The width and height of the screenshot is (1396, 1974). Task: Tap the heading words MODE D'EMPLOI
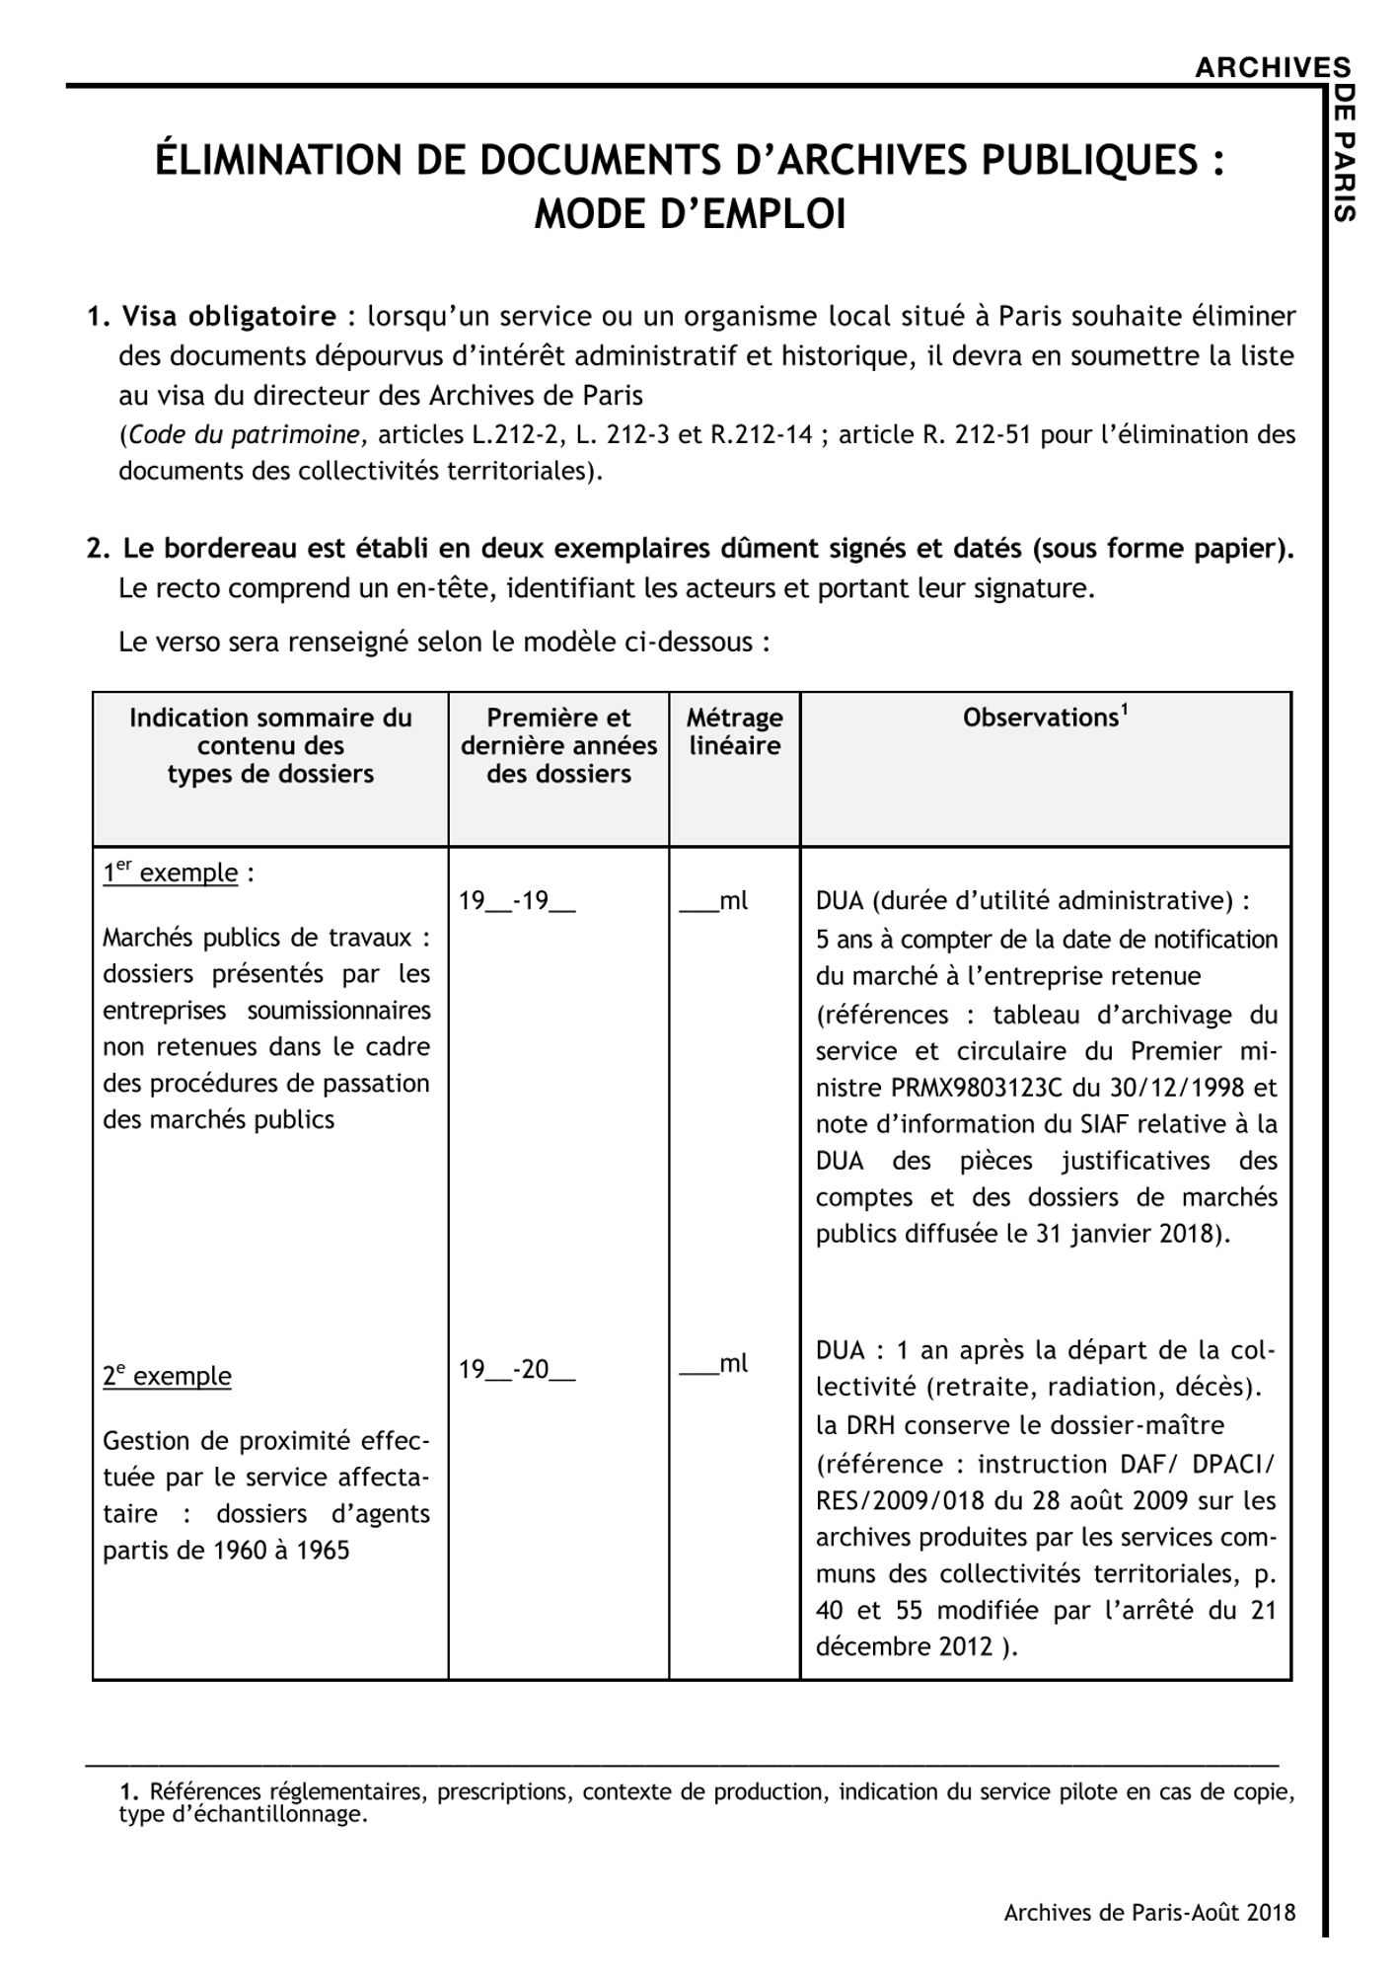(x=690, y=214)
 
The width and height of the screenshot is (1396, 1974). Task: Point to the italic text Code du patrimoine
(x=246, y=434)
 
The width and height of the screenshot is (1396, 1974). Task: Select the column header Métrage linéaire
(x=734, y=731)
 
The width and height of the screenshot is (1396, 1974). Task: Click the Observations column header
(x=1044, y=718)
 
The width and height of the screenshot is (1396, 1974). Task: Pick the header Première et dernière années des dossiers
(x=558, y=745)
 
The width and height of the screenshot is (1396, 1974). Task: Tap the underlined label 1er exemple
(x=171, y=873)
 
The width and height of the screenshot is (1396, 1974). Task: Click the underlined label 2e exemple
(x=167, y=1376)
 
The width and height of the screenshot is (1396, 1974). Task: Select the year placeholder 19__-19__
(x=517, y=901)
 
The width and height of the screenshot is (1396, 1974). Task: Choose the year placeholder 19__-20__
(x=517, y=1370)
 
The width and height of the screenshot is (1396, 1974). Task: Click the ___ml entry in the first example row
(x=713, y=901)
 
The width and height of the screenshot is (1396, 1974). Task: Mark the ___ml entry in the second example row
(x=713, y=1364)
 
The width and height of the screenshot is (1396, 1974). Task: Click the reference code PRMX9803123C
(x=976, y=1088)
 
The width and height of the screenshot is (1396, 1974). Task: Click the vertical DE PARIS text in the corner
(x=1343, y=153)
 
